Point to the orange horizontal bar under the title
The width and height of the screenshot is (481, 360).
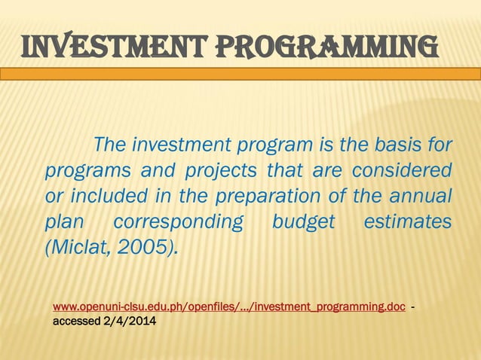pos(240,74)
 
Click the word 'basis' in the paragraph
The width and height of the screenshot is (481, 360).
pos(397,144)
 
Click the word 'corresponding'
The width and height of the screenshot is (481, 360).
pos(179,222)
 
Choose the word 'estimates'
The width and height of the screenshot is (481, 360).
pos(407,222)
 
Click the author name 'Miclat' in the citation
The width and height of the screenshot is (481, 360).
pos(78,249)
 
